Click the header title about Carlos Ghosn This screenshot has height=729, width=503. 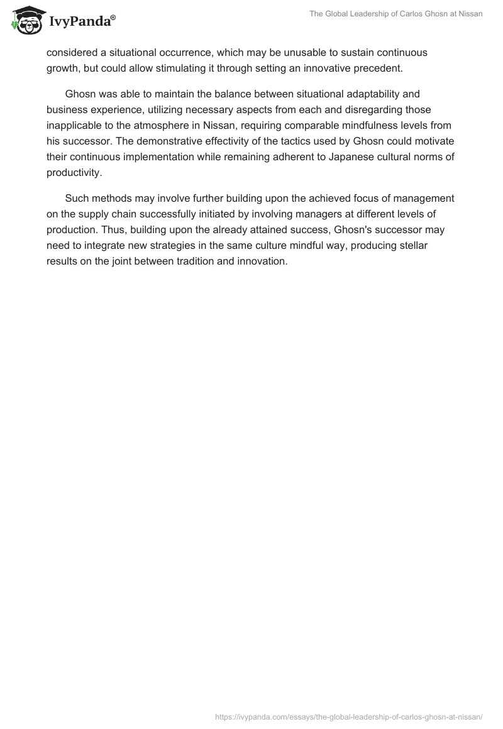point(396,14)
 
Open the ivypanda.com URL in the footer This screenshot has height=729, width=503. point(349,716)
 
